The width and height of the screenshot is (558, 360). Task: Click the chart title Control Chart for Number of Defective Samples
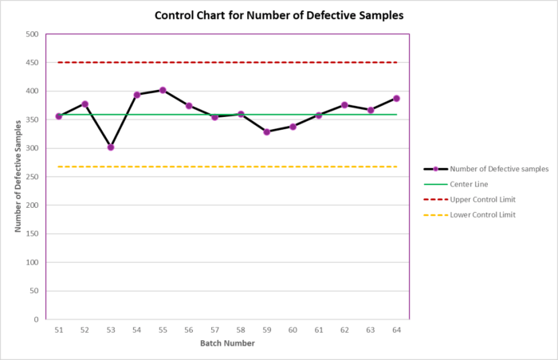278,15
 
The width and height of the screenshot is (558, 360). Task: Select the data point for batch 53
111,147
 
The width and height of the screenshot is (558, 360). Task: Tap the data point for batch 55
163,90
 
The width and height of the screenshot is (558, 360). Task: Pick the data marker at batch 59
266,132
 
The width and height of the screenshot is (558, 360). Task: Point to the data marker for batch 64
396,98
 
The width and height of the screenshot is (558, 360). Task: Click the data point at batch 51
58,116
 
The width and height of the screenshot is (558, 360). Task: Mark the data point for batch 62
344,105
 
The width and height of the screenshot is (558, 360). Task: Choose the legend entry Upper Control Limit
483,199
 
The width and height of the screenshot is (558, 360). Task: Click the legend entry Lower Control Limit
483,214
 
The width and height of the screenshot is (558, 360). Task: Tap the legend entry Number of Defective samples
498,169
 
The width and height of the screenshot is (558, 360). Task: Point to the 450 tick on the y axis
32,63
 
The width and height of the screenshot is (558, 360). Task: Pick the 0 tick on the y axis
37,319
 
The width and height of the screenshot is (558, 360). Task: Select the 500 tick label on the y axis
32,34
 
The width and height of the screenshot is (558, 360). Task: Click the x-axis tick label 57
214,330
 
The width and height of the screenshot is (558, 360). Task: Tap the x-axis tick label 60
293,330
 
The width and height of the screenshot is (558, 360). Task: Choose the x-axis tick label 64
396,330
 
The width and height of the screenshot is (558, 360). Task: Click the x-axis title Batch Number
227,343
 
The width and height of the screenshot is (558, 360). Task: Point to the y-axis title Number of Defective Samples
18,177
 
